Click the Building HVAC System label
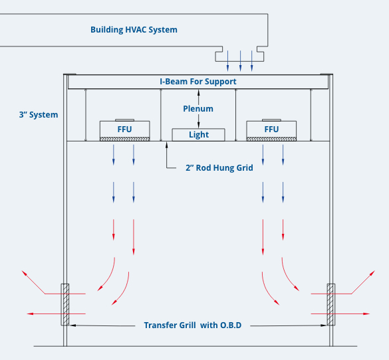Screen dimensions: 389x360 (134, 30)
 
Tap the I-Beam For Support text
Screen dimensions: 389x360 (198, 82)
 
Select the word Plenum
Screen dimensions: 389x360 (198, 109)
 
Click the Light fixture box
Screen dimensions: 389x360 (198, 135)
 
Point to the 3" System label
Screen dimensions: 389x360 (39, 115)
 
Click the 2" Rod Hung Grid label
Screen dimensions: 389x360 (219, 168)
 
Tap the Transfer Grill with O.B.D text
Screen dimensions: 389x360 (193, 325)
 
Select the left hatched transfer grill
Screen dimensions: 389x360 (65, 304)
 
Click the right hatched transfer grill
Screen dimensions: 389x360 (331, 304)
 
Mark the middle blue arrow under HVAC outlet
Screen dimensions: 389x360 (240, 61)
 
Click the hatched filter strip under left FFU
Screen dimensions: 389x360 (125, 139)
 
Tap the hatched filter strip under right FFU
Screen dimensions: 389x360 (271, 139)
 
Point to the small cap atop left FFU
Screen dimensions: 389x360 (125, 120)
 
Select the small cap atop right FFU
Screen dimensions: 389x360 (271, 120)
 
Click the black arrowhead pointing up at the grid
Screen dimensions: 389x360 (167, 145)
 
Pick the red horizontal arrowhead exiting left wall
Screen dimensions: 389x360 (30, 314)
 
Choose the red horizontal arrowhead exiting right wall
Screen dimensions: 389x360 (366, 314)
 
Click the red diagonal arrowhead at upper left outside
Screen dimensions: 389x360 (25, 273)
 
